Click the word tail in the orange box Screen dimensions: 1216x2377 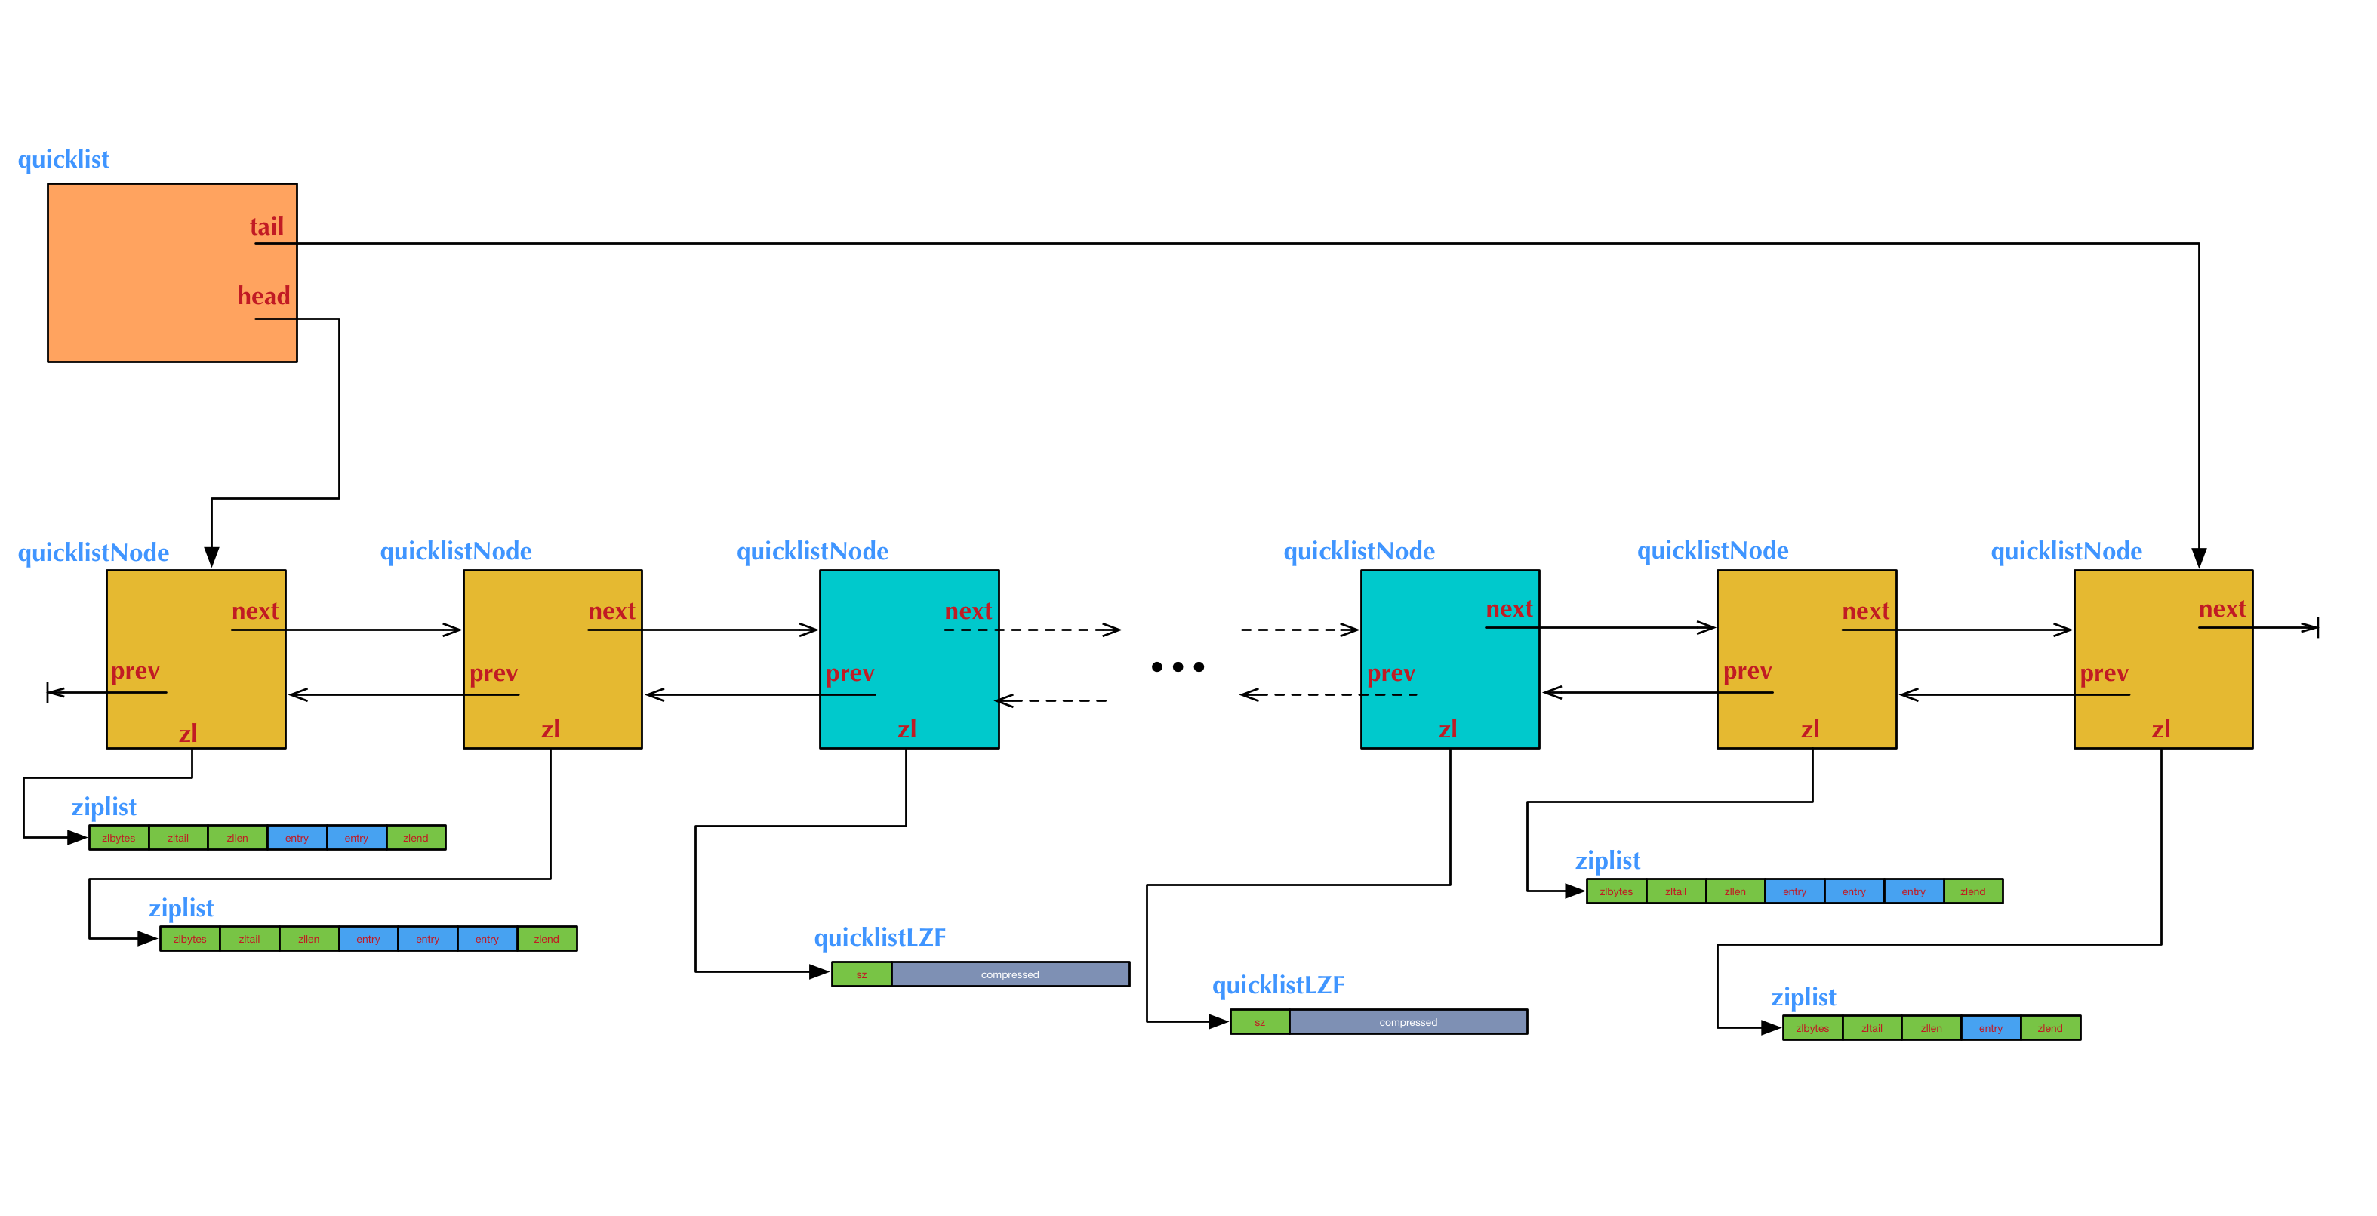tap(266, 227)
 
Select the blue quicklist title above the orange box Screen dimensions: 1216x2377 tap(63, 159)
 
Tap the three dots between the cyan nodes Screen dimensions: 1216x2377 tap(1178, 666)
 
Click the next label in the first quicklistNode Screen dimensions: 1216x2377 tap(254, 611)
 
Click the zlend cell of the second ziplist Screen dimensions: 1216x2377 tap(547, 939)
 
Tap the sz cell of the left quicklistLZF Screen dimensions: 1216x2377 tap(861, 974)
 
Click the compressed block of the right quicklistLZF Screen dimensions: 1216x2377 tap(1407, 1022)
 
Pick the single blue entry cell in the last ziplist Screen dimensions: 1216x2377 tap(1991, 1028)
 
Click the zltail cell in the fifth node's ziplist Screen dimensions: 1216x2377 tap(1675, 891)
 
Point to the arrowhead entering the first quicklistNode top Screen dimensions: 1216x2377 tap(211, 557)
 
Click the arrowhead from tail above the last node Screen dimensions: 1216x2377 tap(2199, 557)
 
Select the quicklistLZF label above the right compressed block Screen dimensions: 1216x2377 tap(1277, 985)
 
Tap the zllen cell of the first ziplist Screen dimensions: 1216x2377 tap(237, 838)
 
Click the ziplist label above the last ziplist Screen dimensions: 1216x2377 tap(1803, 997)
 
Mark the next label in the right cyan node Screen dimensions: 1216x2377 tap(1509, 609)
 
